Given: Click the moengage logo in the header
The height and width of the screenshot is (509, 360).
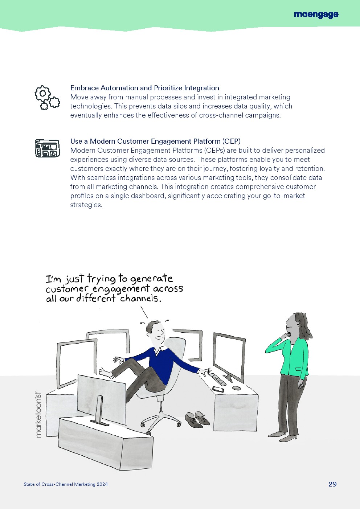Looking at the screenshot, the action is pos(316,15).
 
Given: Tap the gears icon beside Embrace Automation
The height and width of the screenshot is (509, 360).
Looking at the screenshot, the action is pos(47,98).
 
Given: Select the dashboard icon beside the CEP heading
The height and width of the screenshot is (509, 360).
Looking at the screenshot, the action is pos(47,148).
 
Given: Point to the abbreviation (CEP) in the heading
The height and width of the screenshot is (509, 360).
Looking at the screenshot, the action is pos(232,141).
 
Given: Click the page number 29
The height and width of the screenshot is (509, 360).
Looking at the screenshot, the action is pos(332,484).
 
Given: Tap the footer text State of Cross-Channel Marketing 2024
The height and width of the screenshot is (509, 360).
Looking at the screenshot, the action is pos(66,484).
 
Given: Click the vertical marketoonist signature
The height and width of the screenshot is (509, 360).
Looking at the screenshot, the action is pos(38,414).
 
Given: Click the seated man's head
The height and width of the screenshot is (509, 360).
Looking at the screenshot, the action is pos(155,331).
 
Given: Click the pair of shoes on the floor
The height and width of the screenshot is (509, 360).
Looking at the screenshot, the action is pos(197,420).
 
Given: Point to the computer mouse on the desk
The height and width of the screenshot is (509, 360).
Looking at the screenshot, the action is pos(236,388).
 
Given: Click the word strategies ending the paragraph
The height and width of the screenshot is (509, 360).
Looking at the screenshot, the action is pos(86,205).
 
